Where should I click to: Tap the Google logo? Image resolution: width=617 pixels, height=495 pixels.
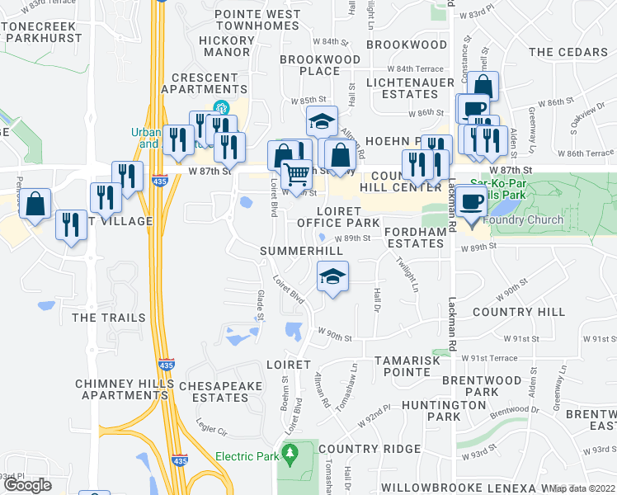tap(27, 485)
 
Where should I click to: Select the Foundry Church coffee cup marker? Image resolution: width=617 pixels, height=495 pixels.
tap(472, 203)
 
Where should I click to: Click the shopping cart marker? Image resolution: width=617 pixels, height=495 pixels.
tap(296, 173)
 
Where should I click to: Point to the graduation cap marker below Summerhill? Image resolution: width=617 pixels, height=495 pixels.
tap(332, 276)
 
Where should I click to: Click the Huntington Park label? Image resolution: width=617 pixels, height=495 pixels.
tap(445, 411)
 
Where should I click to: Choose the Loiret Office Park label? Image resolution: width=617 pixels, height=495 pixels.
tap(337, 216)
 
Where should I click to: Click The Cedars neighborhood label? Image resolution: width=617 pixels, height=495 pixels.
tap(568, 52)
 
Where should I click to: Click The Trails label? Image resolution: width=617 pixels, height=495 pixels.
tap(109, 318)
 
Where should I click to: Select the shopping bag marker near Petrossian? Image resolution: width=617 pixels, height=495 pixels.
tap(35, 205)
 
